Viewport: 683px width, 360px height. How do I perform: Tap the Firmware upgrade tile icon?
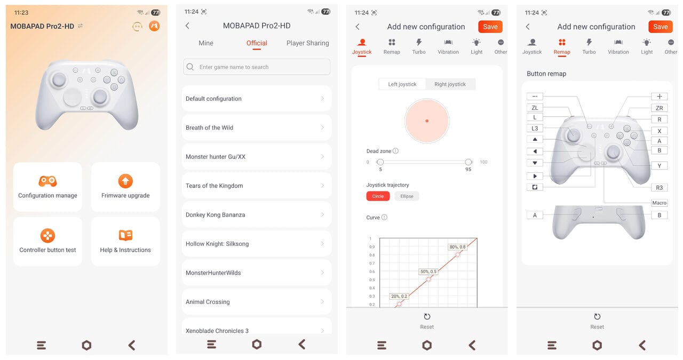coord(125,181)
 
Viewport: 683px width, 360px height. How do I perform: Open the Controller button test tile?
coord(47,242)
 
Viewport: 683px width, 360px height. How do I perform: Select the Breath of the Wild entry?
coord(257,127)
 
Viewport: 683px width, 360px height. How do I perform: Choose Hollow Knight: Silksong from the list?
coord(257,244)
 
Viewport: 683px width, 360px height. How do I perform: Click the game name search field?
coord(257,67)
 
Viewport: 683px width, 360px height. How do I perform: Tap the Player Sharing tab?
coord(308,43)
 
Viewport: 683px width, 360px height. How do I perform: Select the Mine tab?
coord(206,43)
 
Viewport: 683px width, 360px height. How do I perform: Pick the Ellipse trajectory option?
coord(407,196)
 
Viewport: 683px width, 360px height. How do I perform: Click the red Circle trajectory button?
coord(378,196)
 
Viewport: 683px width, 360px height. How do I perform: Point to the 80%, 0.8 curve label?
coord(457,247)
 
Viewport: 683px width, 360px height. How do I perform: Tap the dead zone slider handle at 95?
coord(468,162)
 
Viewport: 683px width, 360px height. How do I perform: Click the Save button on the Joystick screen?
coord(490,27)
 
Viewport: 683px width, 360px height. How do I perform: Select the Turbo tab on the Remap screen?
coord(589,46)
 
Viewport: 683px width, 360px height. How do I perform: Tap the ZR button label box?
coord(659,108)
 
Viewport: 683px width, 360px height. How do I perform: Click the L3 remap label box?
coord(535,129)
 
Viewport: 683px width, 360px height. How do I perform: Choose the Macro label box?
coord(659,203)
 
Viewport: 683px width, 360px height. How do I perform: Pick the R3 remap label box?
coord(659,188)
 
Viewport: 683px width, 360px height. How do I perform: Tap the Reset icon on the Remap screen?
coord(597,317)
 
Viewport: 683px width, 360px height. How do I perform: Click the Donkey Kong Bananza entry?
coord(257,214)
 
